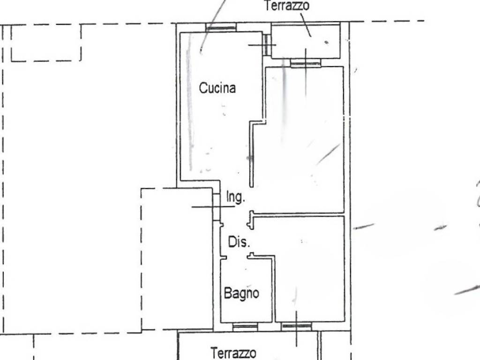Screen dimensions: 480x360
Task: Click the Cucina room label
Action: pos(217,88)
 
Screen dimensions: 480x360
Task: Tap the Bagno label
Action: pos(241,293)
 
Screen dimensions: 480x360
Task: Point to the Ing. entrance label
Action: pos(236,197)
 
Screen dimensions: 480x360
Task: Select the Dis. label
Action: pos(239,242)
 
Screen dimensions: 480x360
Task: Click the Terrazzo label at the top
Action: pos(287,6)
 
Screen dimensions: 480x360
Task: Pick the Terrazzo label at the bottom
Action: pos(233,353)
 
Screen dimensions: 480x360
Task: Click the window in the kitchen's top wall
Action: pos(221,28)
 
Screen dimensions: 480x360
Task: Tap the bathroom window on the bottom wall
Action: pos(245,327)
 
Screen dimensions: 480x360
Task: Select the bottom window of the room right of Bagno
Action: pos(297,326)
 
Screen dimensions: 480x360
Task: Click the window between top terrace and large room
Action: pos(306,63)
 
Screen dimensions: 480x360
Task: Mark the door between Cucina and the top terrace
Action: pos(267,45)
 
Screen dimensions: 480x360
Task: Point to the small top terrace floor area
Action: pos(306,41)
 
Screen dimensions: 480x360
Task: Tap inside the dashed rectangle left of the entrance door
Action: pos(177,260)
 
